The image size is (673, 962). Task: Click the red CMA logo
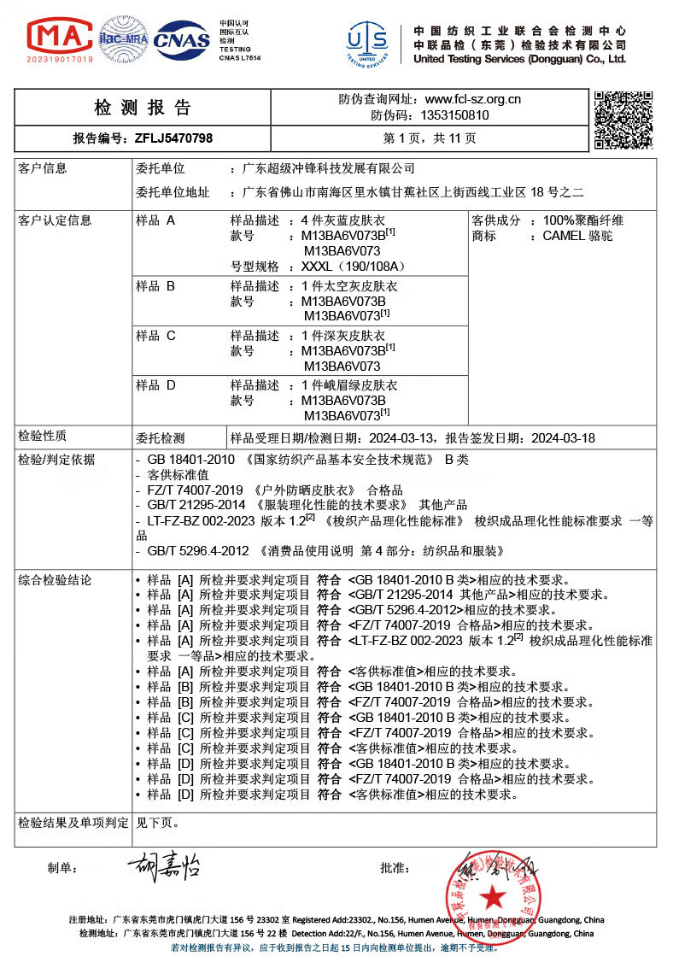pyautogui.click(x=60, y=38)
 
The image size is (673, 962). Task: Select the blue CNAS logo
pyautogui.click(x=182, y=38)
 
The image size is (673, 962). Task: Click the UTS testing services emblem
pyautogui.click(x=366, y=41)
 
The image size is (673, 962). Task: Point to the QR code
pyautogui.click(x=624, y=120)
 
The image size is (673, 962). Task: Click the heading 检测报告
pyautogui.click(x=143, y=108)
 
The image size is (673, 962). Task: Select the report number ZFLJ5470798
pyautogui.click(x=173, y=138)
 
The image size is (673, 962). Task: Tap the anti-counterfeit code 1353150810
pyautogui.click(x=454, y=115)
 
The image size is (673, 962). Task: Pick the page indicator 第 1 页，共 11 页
pyautogui.click(x=430, y=138)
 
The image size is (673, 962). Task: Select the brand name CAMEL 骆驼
pyautogui.click(x=577, y=236)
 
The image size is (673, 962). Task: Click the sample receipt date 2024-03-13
pyautogui.click(x=401, y=438)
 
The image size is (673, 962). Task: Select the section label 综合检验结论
pyautogui.click(x=55, y=580)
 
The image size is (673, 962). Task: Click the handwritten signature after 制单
pyautogui.click(x=163, y=868)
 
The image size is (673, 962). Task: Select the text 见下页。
pyautogui.click(x=158, y=824)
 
